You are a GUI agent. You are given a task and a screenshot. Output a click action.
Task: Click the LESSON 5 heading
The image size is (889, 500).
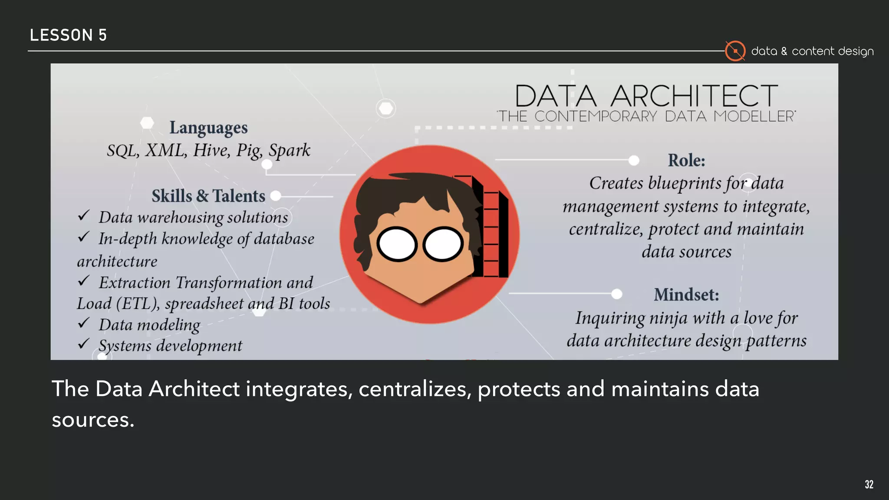coord(68,35)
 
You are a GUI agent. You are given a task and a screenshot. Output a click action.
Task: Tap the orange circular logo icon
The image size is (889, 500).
coord(735,51)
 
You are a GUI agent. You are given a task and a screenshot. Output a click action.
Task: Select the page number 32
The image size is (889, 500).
coord(869,484)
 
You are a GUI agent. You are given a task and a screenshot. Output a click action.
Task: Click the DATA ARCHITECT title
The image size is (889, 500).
coord(646,96)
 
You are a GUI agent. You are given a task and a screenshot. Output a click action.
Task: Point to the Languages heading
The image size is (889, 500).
coord(208,128)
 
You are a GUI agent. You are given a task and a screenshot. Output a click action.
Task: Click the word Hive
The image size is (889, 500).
coord(211,150)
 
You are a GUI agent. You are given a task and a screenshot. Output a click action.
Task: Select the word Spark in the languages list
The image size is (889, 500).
coord(289,150)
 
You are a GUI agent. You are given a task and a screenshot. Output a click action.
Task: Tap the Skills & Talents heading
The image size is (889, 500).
coord(208,196)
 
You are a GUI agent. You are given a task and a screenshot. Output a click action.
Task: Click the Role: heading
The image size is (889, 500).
coord(686,161)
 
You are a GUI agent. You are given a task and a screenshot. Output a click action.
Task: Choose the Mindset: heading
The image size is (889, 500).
coord(686,295)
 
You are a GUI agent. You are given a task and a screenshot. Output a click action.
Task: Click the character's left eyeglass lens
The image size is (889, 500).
coord(397,244)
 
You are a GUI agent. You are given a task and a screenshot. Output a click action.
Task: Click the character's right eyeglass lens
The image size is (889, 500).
coord(443,244)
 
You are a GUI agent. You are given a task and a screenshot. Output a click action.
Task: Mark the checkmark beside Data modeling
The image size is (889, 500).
coord(84,323)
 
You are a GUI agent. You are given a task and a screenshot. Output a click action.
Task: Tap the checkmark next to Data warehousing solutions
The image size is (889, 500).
coord(84,215)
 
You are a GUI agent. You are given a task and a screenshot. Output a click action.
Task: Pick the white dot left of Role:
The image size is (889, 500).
coord(634,161)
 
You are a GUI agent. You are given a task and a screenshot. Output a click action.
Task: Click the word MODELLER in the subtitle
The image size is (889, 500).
coord(754,116)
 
